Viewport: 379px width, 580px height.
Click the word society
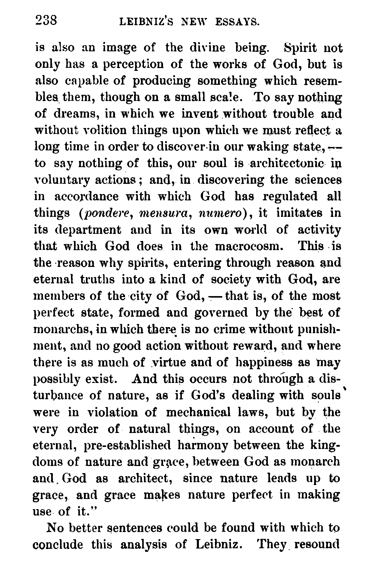click(x=230, y=280)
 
